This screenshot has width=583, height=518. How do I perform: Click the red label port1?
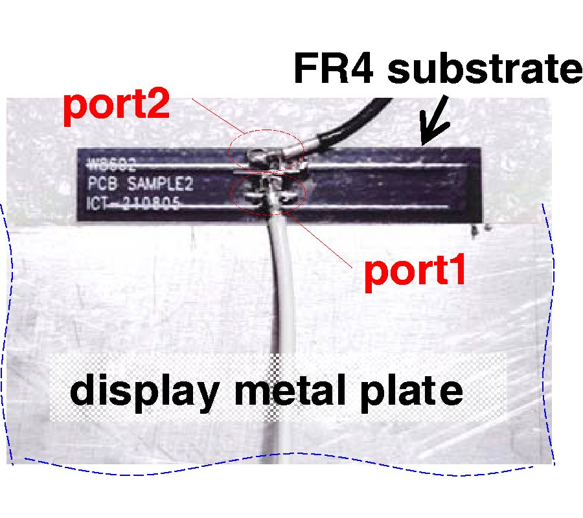click(x=415, y=273)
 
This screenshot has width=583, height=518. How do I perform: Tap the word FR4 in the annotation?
click(x=335, y=69)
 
